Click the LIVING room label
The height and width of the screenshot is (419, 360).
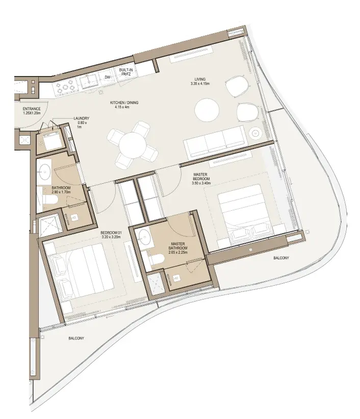[x=200, y=79]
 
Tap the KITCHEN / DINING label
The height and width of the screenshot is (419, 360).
[x=124, y=103]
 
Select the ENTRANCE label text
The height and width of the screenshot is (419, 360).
[x=32, y=109]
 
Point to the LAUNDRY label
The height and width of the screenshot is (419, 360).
[x=82, y=118]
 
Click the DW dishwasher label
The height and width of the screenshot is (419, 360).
[x=108, y=77]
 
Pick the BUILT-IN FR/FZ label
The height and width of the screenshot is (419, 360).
[x=126, y=72]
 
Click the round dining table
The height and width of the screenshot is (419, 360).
[x=133, y=145]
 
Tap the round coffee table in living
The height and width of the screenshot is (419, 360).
[x=207, y=110]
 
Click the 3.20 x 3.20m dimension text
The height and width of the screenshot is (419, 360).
[x=111, y=237]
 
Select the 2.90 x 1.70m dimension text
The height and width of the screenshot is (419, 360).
[x=61, y=192]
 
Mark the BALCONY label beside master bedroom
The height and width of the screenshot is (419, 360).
[x=281, y=258]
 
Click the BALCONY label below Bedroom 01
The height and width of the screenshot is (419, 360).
[x=76, y=338]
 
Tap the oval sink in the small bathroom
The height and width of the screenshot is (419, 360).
[x=44, y=171]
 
